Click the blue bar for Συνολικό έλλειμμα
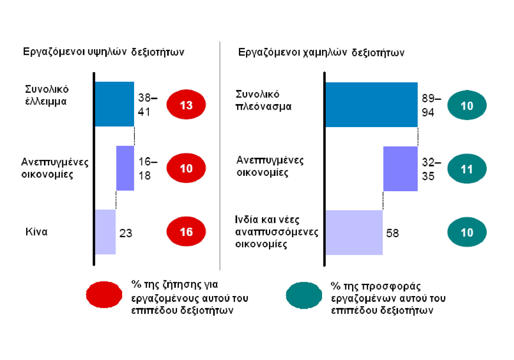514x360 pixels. (114, 104)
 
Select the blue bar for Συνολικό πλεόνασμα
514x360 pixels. (371, 104)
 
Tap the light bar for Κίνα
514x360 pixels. (105, 232)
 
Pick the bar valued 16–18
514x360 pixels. (125, 168)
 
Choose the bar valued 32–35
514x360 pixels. (400, 168)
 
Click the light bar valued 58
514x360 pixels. (354, 232)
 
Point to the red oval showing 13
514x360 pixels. (186, 105)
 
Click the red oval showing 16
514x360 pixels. (186, 232)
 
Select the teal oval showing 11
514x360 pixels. (467, 169)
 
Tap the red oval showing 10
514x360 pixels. (186, 168)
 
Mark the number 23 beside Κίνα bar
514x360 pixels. (126, 233)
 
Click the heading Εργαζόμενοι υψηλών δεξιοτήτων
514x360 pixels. (104, 52)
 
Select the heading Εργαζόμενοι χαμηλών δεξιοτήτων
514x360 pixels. (322, 53)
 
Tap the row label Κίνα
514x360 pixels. (36, 232)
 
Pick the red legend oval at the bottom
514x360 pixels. (104, 295)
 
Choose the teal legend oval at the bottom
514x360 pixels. (304, 295)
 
